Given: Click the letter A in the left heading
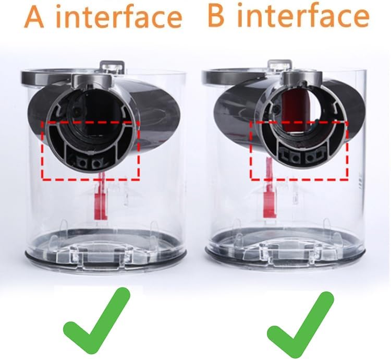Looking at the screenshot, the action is pos(35,17).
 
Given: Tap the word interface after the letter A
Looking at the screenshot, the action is pos(117,17).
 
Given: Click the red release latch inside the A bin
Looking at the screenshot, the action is pos(101,200).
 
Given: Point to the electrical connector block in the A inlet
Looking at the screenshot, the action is pos(90,162).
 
